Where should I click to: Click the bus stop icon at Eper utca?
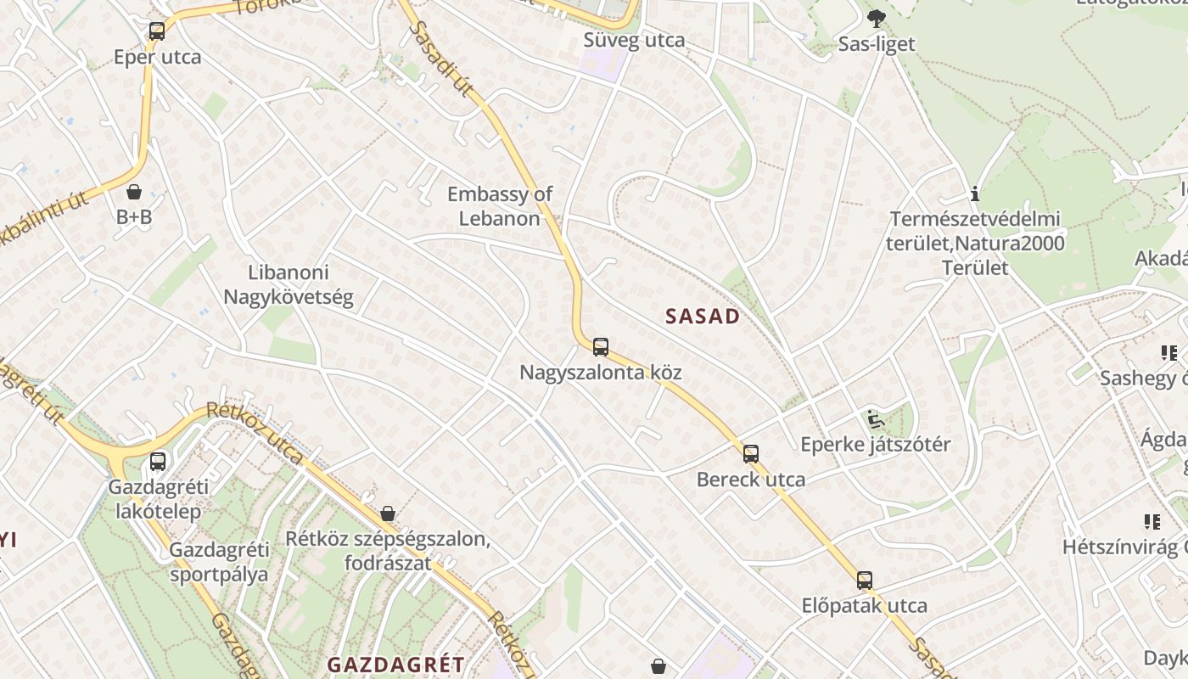coord(157,32)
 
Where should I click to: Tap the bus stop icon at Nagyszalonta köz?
coord(601,346)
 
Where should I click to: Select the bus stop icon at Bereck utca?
coord(751,453)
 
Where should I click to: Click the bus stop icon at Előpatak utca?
coord(865,581)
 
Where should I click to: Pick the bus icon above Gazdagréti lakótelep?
coord(158,462)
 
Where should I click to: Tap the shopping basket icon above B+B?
coord(134,192)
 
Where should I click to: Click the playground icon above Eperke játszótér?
coord(875,418)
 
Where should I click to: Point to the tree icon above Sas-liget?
coord(877,18)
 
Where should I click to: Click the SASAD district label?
coord(703,317)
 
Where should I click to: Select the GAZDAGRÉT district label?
coord(396,665)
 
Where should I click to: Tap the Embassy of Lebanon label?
coord(500,206)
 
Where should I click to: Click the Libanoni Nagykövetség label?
coord(289,285)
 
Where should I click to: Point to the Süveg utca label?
coord(634,40)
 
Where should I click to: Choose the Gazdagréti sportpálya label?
coord(219,562)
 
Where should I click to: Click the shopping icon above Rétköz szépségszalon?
coord(388,513)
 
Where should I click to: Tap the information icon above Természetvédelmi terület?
coord(975,194)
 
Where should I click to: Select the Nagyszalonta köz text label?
coord(601,373)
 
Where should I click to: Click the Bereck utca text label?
coord(751,480)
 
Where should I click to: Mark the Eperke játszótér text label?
coord(876,445)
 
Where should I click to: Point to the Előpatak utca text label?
coord(865,606)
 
